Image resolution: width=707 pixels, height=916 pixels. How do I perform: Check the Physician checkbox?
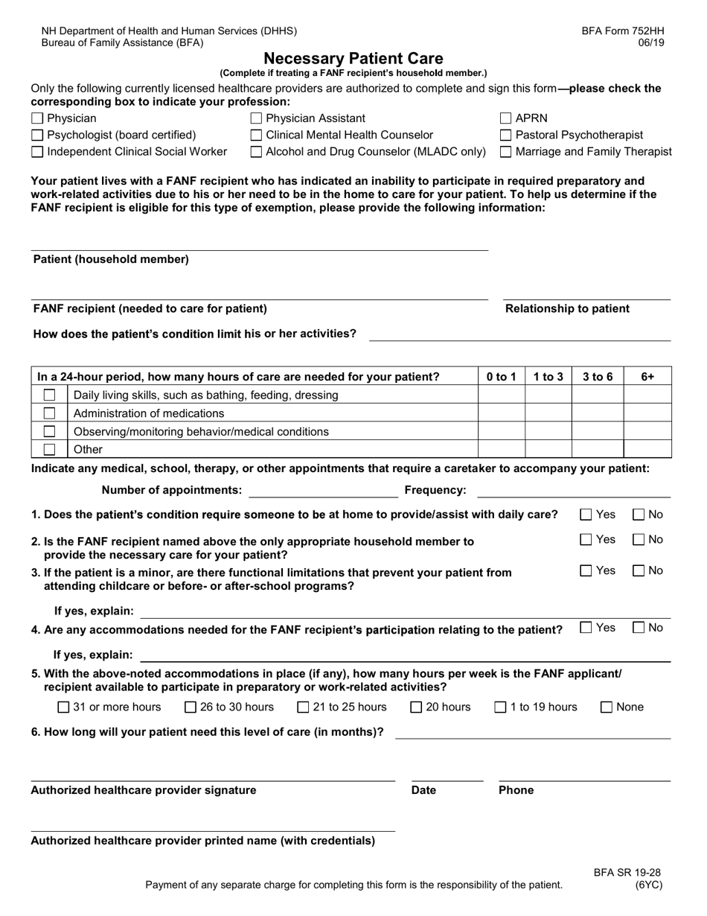click(37, 118)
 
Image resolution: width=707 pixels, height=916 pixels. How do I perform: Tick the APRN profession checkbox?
click(506, 118)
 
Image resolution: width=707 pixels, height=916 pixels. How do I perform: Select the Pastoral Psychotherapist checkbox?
click(506, 136)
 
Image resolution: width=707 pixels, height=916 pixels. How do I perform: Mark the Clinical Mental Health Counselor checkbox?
click(257, 136)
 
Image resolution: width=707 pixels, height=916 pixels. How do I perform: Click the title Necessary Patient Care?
click(353, 58)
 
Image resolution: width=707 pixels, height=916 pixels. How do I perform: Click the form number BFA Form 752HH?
click(623, 31)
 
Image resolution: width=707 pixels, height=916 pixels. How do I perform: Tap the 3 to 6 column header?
click(597, 377)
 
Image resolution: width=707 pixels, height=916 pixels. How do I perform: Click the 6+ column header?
click(647, 377)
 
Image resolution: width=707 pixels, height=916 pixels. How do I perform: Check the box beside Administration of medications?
click(49, 413)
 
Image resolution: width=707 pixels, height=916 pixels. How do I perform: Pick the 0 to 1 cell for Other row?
click(501, 449)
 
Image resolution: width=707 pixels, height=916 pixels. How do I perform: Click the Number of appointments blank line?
click(323, 491)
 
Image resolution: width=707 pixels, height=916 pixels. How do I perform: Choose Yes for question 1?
click(586, 515)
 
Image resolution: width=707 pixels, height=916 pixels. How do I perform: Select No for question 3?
click(639, 571)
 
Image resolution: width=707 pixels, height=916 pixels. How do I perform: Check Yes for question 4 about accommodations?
click(586, 629)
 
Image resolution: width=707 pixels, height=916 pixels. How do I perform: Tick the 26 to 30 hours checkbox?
click(191, 707)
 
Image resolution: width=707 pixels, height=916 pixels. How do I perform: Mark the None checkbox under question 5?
click(607, 707)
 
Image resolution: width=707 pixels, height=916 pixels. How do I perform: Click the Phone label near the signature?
click(516, 790)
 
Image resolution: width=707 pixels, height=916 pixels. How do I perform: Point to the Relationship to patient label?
click(567, 309)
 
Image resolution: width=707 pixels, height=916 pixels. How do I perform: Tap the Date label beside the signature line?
click(423, 790)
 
